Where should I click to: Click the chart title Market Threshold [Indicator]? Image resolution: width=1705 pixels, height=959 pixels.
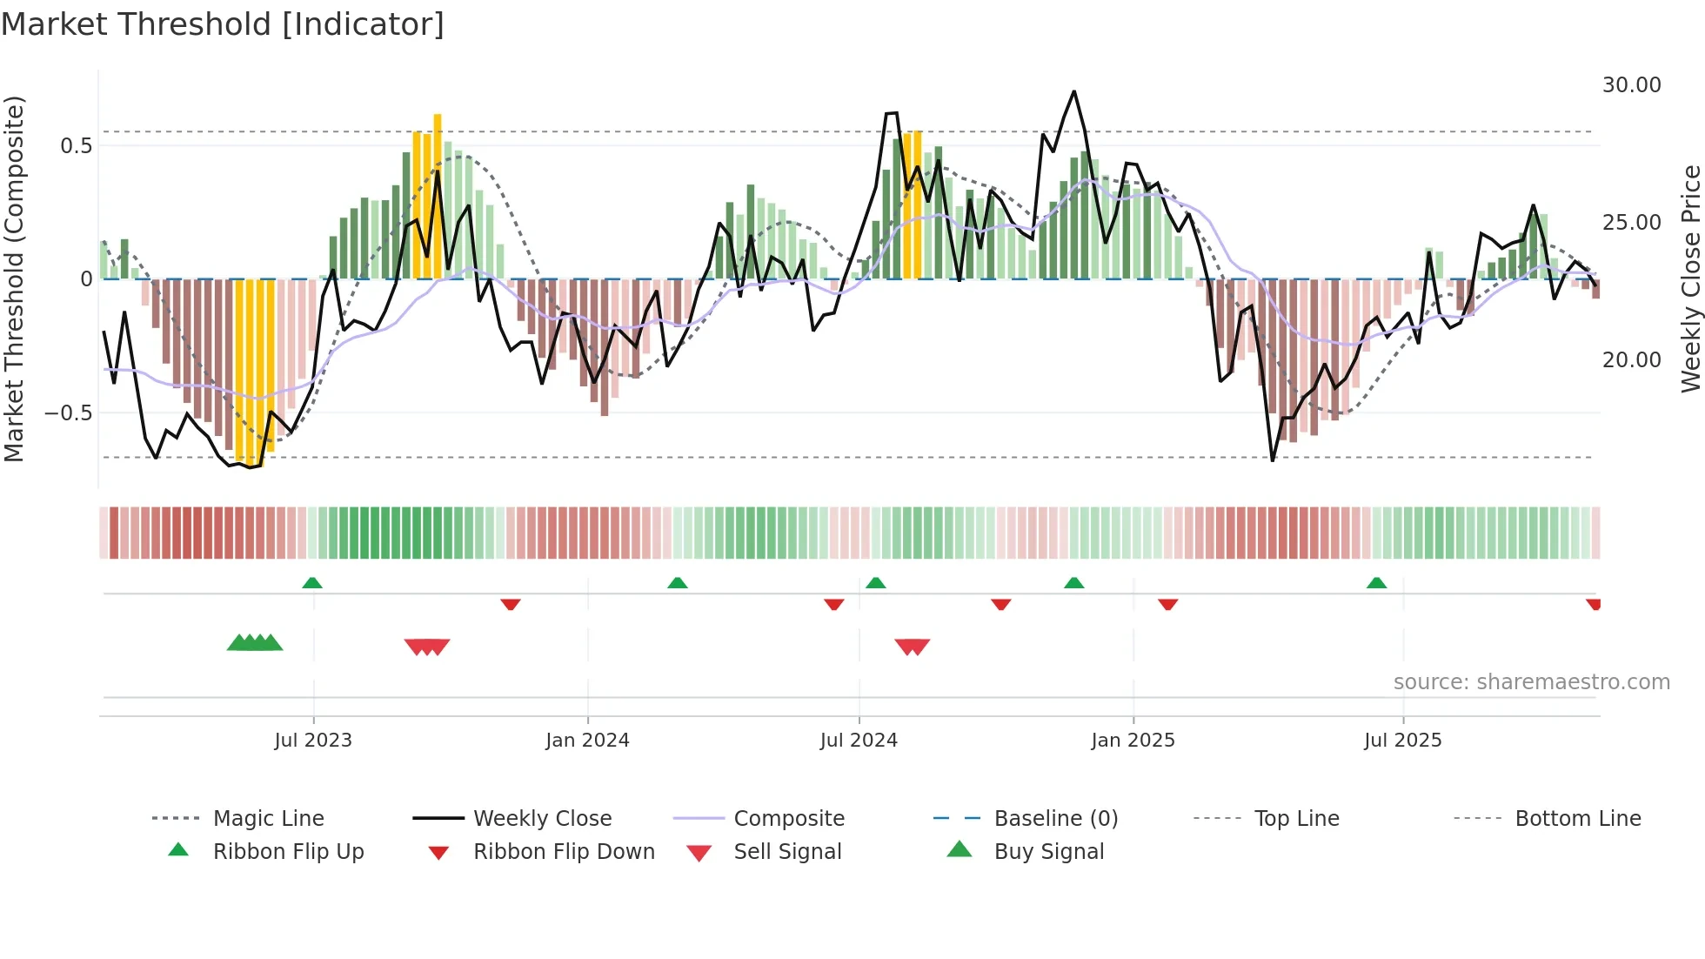[x=223, y=24]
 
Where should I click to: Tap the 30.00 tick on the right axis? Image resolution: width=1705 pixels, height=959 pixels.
[x=1631, y=85]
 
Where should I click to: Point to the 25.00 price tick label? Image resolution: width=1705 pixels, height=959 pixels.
[x=1631, y=223]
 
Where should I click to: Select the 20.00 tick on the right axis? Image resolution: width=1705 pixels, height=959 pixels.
[x=1631, y=360]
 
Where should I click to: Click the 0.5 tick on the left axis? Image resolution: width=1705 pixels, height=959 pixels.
[x=76, y=146]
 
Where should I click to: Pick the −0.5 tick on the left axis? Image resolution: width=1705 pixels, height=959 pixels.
[x=69, y=413]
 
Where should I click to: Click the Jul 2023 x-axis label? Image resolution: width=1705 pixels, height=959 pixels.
[x=313, y=741]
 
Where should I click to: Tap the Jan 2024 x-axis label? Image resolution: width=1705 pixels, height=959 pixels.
[x=587, y=741]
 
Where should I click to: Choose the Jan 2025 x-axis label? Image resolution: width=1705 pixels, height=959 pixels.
[x=1133, y=741]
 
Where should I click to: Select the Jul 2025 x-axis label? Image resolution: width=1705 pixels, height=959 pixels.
[x=1402, y=741]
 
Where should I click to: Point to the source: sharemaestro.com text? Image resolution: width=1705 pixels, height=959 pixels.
[x=1531, y=682]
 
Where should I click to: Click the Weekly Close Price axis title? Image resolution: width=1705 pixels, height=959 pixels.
[x=1690, y=278]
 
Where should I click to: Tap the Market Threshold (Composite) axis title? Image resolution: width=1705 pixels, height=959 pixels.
[x=15, y=278]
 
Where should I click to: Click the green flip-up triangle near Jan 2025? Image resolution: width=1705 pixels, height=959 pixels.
[x=1074, y=583]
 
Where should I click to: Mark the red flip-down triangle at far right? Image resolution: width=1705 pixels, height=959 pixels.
[x=1593, y=604]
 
